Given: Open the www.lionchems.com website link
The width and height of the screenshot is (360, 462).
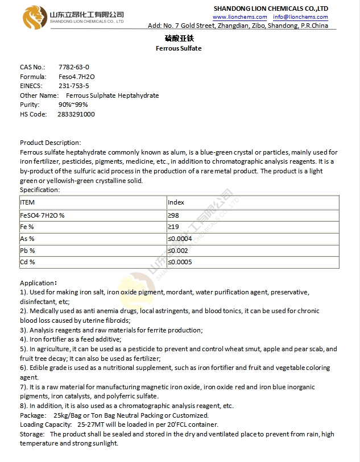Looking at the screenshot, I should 239,17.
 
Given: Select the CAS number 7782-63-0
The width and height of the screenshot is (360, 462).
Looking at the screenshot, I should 74,67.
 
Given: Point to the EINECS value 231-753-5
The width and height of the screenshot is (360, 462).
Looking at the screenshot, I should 74,86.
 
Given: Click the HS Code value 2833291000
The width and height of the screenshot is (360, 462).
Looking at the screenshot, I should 76,114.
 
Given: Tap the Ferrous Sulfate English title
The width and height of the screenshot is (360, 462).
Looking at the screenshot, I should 179,48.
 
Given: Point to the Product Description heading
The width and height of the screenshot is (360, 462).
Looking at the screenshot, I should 50,143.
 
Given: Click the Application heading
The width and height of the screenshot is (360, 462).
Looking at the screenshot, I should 38,282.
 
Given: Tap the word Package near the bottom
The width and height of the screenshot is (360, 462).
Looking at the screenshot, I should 32,415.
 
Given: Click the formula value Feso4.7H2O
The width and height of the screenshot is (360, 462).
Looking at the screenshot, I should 77,77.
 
